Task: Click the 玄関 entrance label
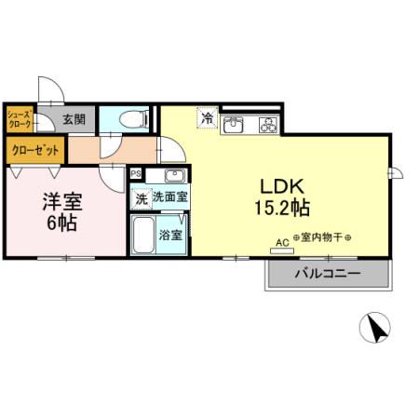pos(74,119)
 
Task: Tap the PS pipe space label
pos(136,173)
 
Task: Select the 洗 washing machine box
pos(141,197)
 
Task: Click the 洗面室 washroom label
pos(170,197)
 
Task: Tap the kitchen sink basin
pos(235,124)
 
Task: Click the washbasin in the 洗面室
pos(173,176)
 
